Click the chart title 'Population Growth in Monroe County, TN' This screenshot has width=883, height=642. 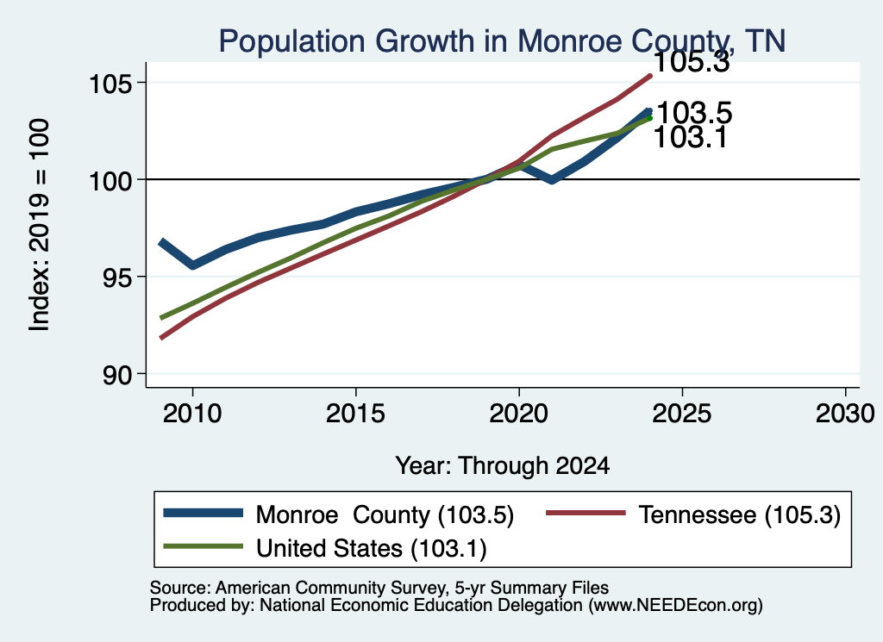[x=502, y=41]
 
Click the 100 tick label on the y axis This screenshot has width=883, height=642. [x=110, y=181]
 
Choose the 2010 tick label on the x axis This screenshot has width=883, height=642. [x=192, y=414]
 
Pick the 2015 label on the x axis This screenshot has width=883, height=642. [x=355, y=414]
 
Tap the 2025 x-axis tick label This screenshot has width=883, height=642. [x=682, y=414]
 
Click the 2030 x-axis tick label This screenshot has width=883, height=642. [x=845, y=414]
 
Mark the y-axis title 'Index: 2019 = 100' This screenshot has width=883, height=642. [x=40, y=225]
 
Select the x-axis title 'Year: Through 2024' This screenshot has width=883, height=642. [x=503, y=466]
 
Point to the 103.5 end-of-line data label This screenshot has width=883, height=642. [x=694, y=113]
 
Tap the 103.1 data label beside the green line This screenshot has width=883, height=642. [x=691, y=137]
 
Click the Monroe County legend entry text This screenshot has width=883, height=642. [x=385, y=514]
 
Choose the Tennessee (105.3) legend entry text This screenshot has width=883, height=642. [x=739, y=514]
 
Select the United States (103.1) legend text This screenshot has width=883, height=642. [x=371, y=549]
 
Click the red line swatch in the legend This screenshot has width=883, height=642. [x=586, y=513]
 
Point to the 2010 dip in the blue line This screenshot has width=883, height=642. [x=192, y=265]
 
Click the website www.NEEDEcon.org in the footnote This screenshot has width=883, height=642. [x=675, y=606]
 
